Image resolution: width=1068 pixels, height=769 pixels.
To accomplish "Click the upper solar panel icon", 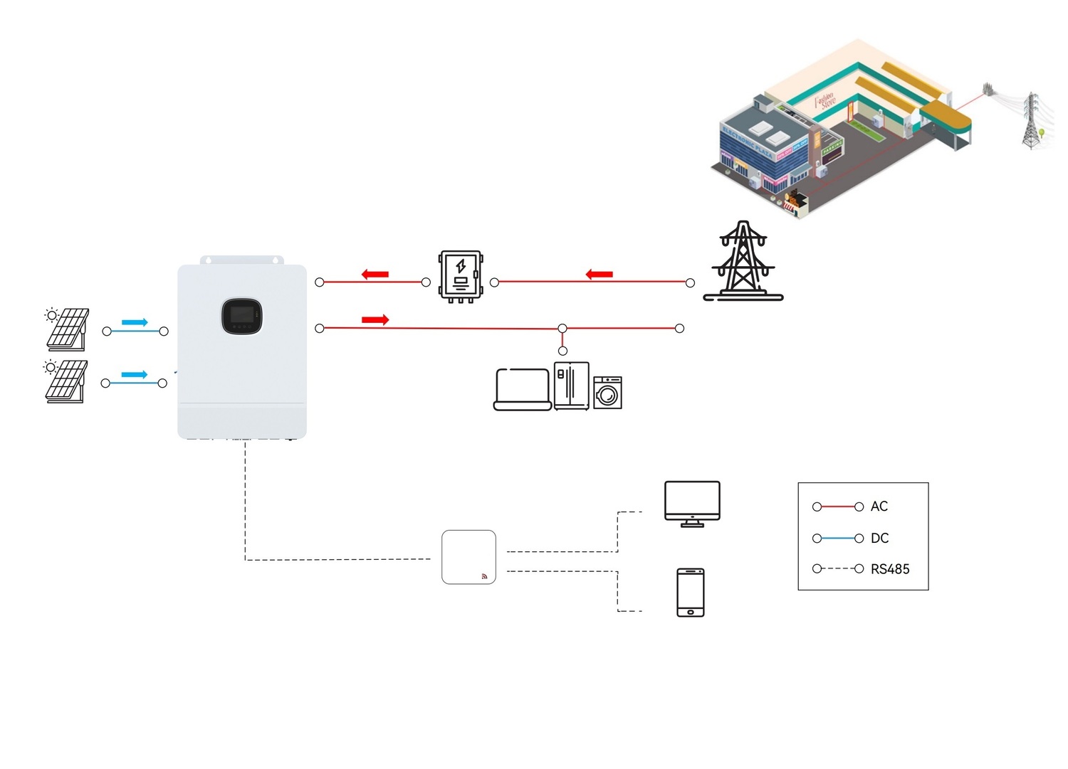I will click(67, 329).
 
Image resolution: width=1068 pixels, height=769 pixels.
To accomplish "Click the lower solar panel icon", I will click(66, 381).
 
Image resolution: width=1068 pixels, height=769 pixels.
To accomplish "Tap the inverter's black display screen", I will click(242, 316).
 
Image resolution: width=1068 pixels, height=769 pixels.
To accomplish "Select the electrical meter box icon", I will click(461, 276).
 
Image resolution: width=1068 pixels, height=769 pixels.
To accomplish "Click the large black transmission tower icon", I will click(743, 261).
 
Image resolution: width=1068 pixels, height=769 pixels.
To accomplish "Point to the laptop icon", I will click(523, 390).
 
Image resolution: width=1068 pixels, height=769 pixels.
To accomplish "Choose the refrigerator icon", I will click(571, 386).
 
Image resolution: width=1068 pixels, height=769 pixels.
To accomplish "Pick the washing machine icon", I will click(607, 392).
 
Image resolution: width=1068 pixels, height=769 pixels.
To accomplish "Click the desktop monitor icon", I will click(692, 503).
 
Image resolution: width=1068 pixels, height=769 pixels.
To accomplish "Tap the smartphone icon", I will click(690, 593).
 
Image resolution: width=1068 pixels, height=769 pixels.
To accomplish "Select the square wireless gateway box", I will click(468, 557).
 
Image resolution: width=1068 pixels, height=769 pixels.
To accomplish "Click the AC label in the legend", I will click(879, 507).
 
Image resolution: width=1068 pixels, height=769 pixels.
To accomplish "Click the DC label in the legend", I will click(880, 539).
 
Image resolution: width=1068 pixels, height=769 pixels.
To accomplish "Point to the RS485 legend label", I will click(890, 569).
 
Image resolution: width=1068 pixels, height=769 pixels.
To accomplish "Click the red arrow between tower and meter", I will click(599, 275).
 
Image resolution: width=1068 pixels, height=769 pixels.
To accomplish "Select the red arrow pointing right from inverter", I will click(375, 320).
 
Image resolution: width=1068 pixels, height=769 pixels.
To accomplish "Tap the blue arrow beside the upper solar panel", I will click(134, 322).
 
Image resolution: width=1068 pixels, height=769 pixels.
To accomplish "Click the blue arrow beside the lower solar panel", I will click(134, 375).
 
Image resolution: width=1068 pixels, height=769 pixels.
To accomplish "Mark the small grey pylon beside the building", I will click(1030, 121).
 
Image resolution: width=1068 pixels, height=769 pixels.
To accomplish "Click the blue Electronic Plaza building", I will click(755, 153).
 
